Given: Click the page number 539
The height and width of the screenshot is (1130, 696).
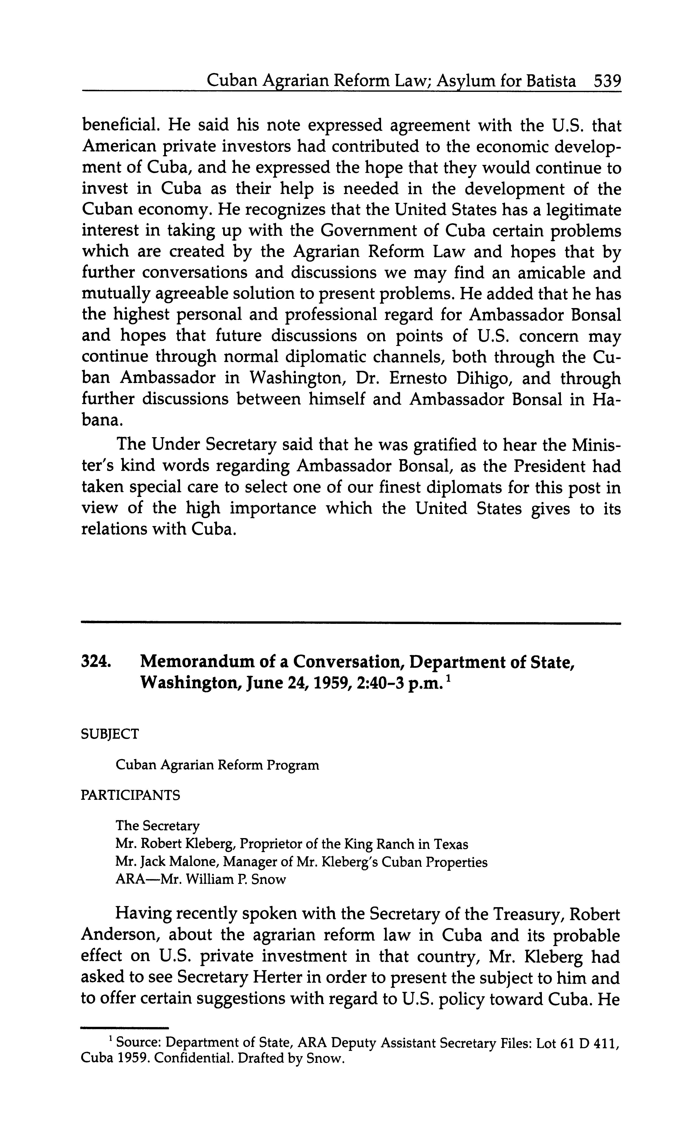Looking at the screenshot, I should pyautogui.click(x=607, y=81).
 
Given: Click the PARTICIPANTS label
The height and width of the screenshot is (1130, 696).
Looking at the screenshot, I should pyautogui.click(x=130, y=795).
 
